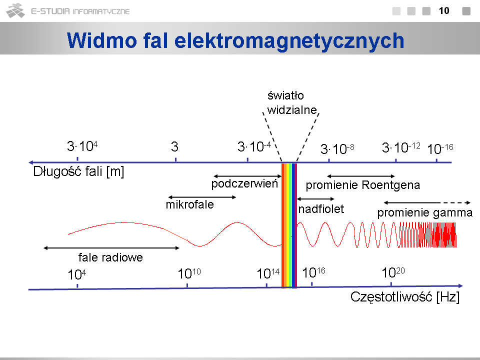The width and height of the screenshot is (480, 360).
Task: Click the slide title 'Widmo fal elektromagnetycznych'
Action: [235, 40]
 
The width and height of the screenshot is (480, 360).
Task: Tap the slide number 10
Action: [444, 10]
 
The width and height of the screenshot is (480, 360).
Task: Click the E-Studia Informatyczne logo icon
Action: [15, 10]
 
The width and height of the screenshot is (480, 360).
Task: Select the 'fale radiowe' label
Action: [110, 257]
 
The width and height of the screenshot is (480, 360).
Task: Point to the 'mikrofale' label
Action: [190, 204]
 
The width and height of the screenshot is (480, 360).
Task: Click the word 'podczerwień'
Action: [244, 183]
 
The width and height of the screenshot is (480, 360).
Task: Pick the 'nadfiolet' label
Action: [321, 209]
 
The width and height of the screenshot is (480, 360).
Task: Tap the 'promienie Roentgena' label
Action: [363, 185]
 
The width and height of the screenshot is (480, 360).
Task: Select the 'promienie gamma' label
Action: [424, 213]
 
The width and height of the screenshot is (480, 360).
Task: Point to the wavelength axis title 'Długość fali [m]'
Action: [78, 171]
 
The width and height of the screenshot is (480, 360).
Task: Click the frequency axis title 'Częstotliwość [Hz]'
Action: [405, 297]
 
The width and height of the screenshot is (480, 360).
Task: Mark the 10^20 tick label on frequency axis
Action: [393, 272]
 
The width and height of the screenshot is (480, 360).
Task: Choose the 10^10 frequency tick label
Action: [189, 273]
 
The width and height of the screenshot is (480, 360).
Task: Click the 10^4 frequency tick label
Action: [77, 274]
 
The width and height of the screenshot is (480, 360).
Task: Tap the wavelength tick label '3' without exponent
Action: [174, 146]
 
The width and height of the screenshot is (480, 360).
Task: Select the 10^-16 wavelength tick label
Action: [440, 149]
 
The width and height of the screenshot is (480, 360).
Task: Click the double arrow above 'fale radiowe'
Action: [111, 248]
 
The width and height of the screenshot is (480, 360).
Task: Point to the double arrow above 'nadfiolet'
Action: [315, 199]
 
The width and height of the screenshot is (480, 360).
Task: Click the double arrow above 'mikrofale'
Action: [202, 197]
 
